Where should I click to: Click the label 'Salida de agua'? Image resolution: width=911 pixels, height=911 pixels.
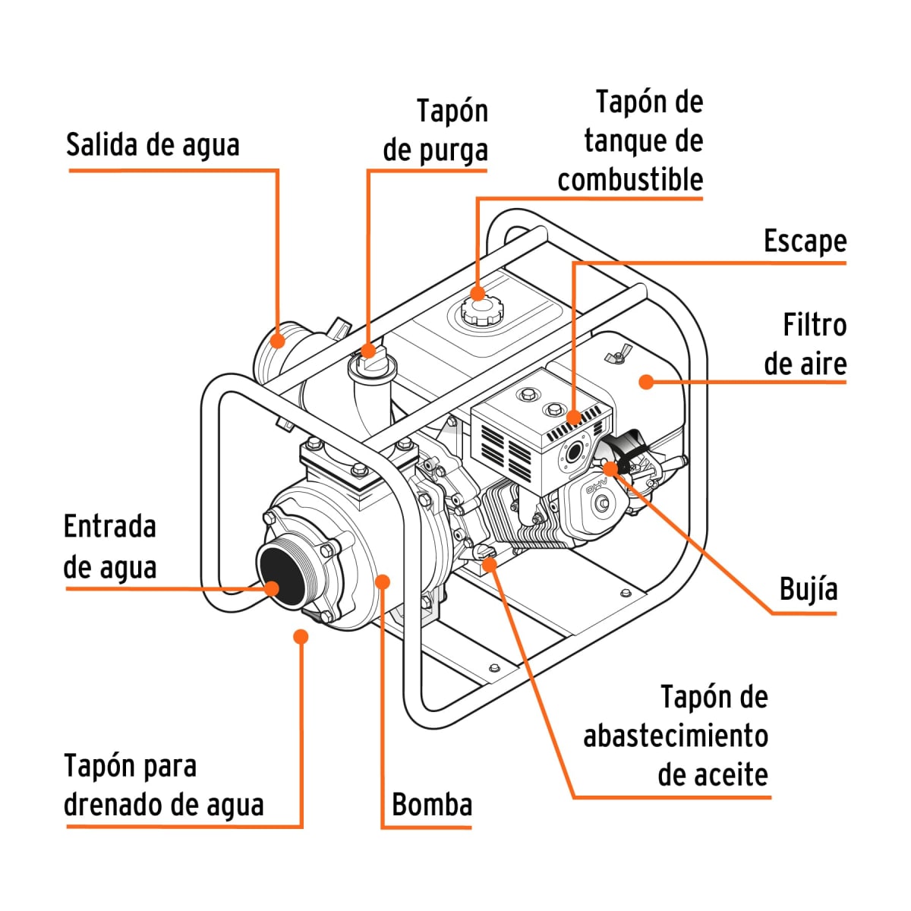153,144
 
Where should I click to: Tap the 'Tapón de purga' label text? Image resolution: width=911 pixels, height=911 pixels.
435,131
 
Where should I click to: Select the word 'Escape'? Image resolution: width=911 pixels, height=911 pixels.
805,241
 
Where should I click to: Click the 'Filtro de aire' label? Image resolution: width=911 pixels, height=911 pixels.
805,344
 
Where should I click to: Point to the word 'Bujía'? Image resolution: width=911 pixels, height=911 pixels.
809,589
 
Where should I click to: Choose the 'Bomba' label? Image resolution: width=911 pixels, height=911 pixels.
432,804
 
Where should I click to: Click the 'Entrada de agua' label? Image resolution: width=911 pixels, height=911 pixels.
110,547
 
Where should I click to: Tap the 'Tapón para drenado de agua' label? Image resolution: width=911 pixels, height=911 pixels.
163,785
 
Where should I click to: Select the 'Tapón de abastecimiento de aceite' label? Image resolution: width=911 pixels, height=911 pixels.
676,736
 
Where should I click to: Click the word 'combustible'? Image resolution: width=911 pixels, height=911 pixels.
630,180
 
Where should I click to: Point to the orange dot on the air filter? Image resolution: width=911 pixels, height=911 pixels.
646,381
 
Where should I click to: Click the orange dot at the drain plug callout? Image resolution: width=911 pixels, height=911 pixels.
301,635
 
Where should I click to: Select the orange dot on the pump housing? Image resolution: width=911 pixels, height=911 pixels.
383,582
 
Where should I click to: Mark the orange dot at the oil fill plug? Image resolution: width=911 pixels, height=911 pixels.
490,563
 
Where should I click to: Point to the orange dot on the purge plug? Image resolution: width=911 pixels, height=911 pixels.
368,350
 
